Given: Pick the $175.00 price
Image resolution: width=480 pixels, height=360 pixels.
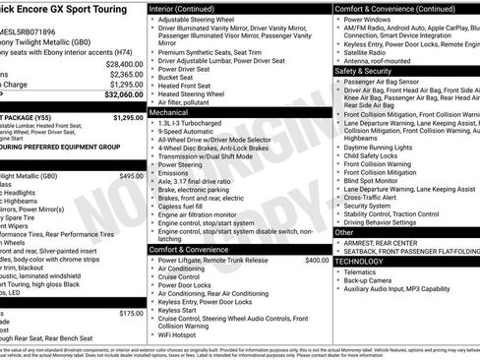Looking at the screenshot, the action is coord(131,313).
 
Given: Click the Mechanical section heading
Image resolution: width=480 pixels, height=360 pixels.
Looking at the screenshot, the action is coord(175,113).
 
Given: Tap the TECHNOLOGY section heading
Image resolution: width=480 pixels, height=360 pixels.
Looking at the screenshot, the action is coord(358,262).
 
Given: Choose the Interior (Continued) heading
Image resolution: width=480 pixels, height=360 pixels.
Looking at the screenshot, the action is coord(189,8).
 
